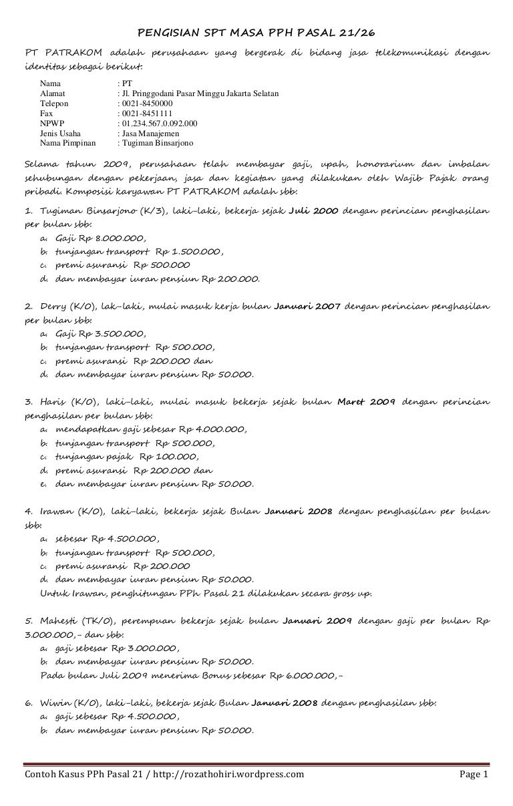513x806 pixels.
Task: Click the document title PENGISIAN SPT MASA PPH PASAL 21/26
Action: tap(256, 33)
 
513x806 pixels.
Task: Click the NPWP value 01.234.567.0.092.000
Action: tap(158, 124)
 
